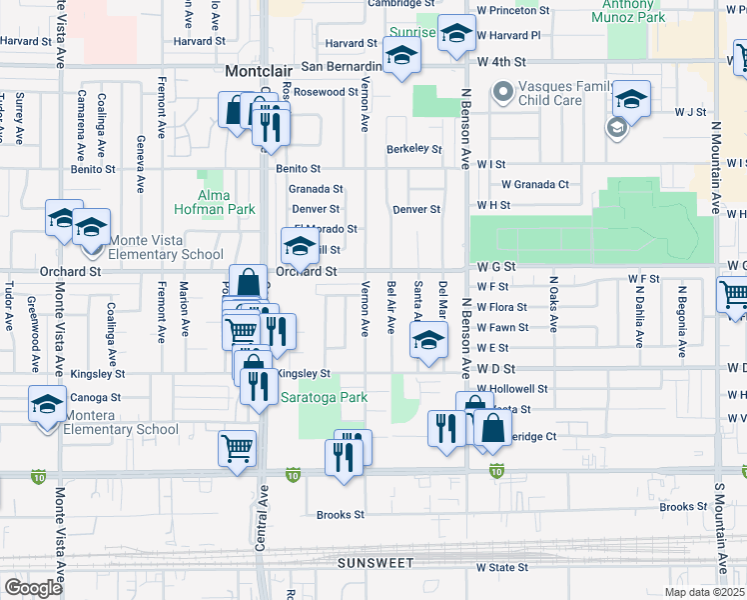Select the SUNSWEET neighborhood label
click(x=374, y=563)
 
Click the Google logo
click(x=33, y=588)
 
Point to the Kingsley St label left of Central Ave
click(x=98, y=374)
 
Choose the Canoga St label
click(x=96, y=397)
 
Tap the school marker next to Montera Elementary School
click(x=47, y=406)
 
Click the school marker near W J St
click(x=631, y=100)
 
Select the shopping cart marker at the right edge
click(x=734, y=295)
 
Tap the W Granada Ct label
click(x=534, y=184)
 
